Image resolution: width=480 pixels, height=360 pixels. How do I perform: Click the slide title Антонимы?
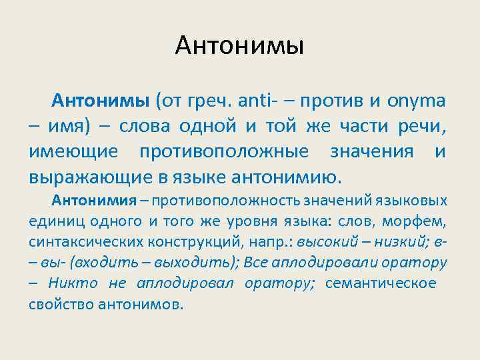240,45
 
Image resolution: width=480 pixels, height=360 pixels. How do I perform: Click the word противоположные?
224,152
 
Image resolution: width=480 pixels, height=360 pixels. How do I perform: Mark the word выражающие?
83,177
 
